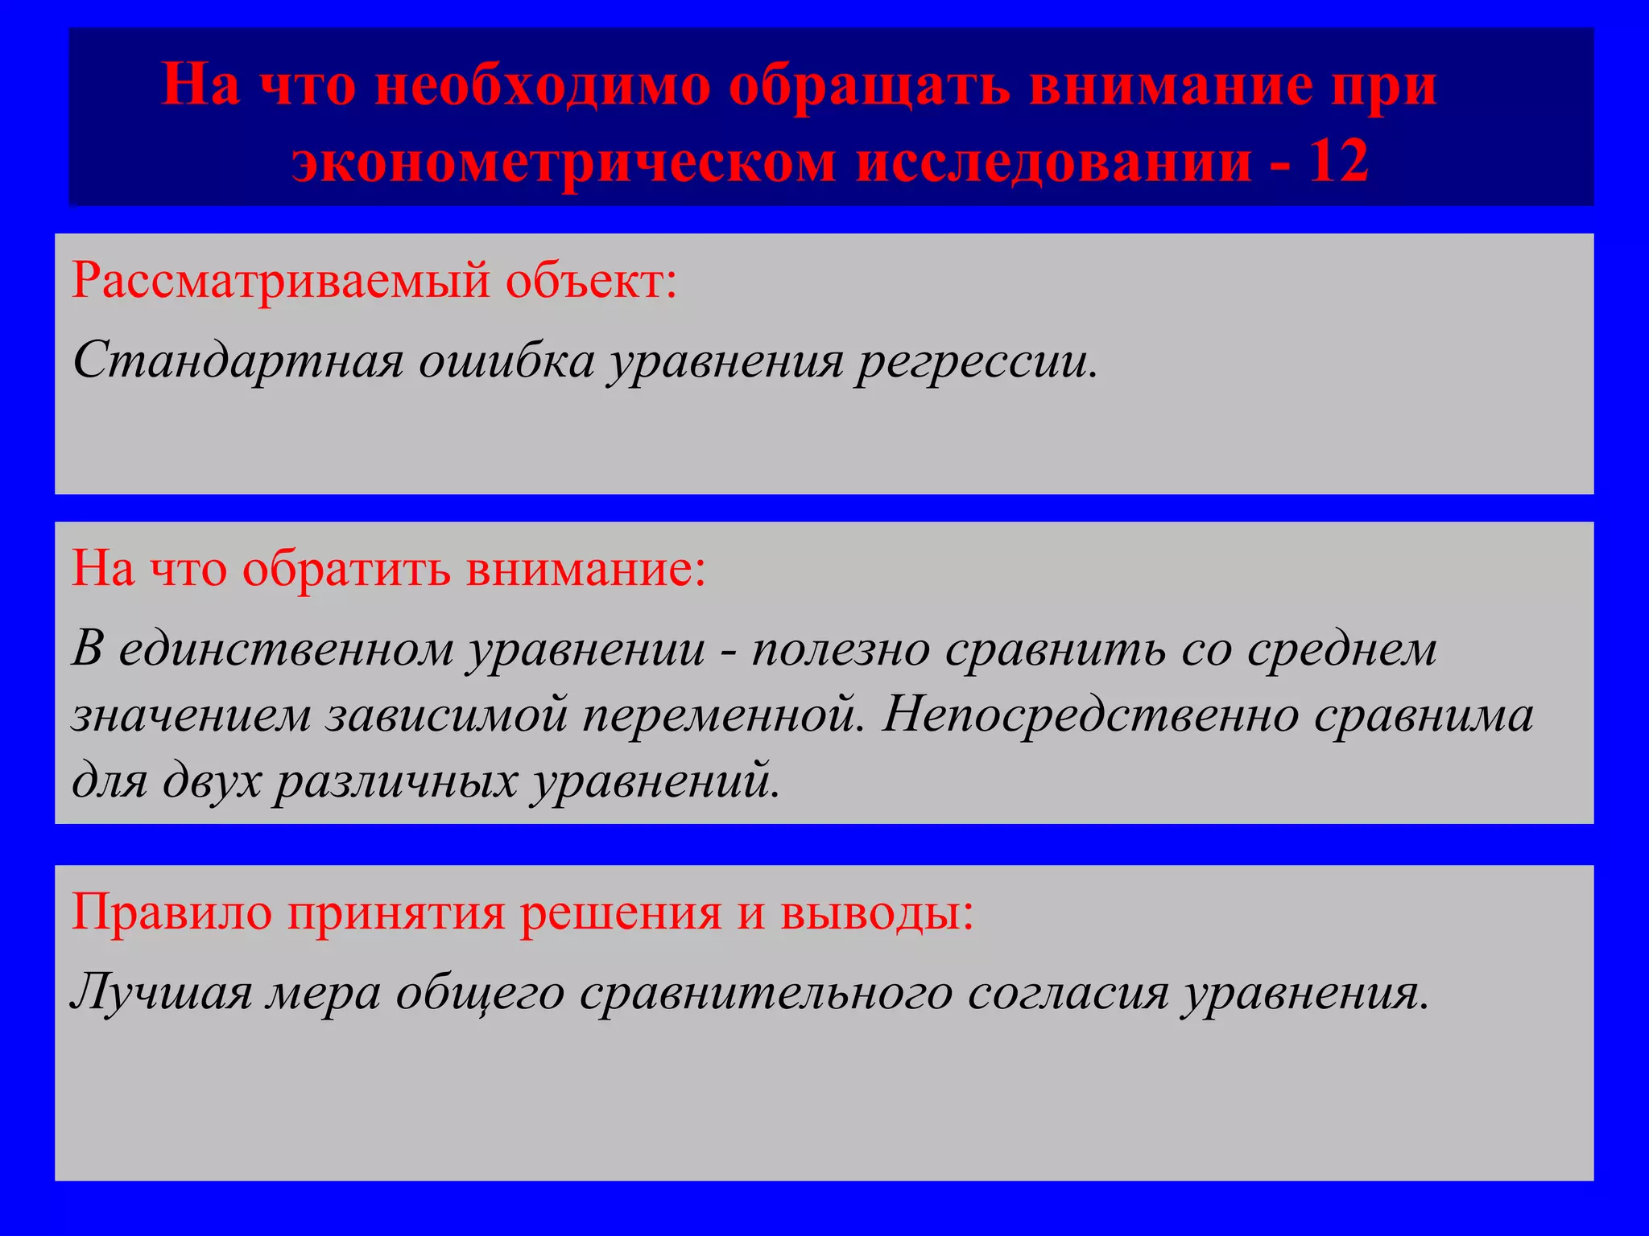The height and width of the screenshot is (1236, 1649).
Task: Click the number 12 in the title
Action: pyautogui.click(x=1338, y=161)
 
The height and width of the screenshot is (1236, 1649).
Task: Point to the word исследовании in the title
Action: pyautogui.click(x=1053, y=161)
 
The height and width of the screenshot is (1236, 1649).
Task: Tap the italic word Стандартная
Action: pyautogui.click(x=238, y=360)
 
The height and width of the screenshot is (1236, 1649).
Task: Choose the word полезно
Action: pyautogui.click(x=841, y=649)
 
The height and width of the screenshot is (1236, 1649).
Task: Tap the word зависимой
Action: pyautogui.click(x=447, y=715)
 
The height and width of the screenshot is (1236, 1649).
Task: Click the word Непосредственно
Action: pyautogui.click(x=1090, y=715)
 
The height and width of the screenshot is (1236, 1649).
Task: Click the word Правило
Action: pyautogui.click(x=172, y=913)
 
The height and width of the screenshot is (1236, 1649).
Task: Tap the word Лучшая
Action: pyautogui.click(x=161, y=993)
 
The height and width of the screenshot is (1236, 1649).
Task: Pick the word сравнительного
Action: pyautogui.click(x=765, y=993)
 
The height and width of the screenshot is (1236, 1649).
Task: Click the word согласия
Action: pyautogui.click(x=1067, y=993)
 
